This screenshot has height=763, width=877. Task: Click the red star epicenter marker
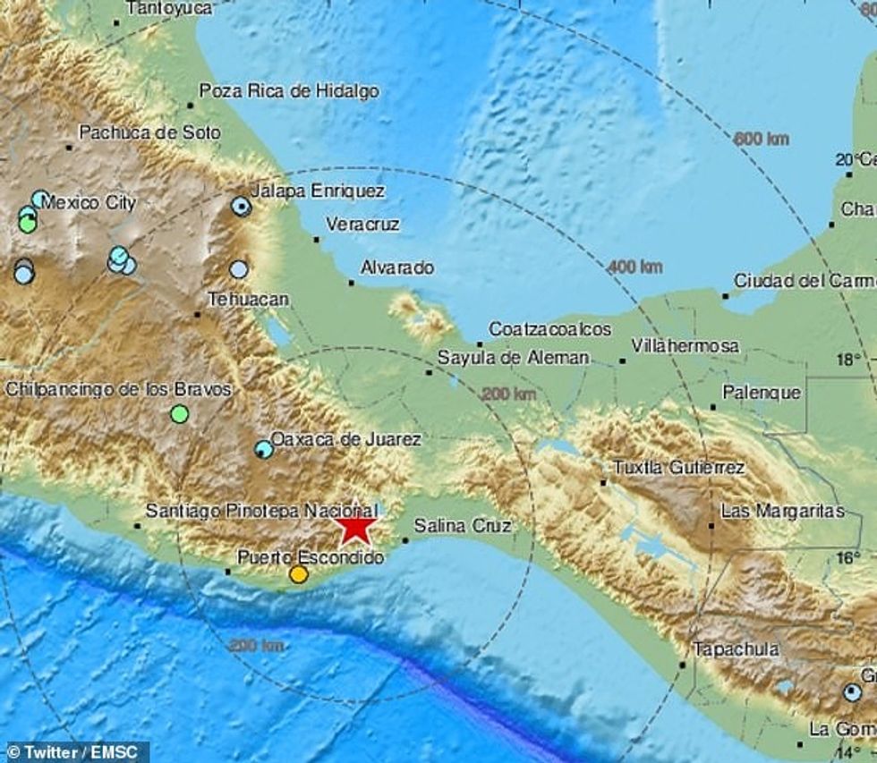click(x=356, y=526)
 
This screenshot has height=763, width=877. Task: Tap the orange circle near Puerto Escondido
click(x=299, y=574)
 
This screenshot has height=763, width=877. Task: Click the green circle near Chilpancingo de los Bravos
click(x=180, y=413)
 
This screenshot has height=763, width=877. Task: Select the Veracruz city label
click(x=362, y=224)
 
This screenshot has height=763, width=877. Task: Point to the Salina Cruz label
click(x=463, y=526)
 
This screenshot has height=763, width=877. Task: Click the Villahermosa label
click(x=685, y=345)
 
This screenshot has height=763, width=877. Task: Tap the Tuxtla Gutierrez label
click(x=679, y=467)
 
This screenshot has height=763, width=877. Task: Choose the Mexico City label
click(x=89, y=202)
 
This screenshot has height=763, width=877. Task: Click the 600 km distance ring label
click(x=761, y=139)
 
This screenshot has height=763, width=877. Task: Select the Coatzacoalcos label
click(x=549, y=329)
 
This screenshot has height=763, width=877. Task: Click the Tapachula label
click(x=737, y=649)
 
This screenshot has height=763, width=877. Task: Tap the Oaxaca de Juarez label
click(x=345, y=438)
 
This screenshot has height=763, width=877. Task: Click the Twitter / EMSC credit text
click(x=72, y=752)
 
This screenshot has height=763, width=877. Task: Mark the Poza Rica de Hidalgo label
click(x=288, y=90)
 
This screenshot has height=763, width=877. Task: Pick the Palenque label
click(x=762, y=392)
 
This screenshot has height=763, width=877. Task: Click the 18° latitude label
click(x=848, y=359)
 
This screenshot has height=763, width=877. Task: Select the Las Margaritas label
click(x=783, y=511)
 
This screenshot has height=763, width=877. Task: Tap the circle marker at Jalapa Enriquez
click(x=240, y=207)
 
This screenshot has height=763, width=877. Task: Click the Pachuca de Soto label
click(x=149, y=132)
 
